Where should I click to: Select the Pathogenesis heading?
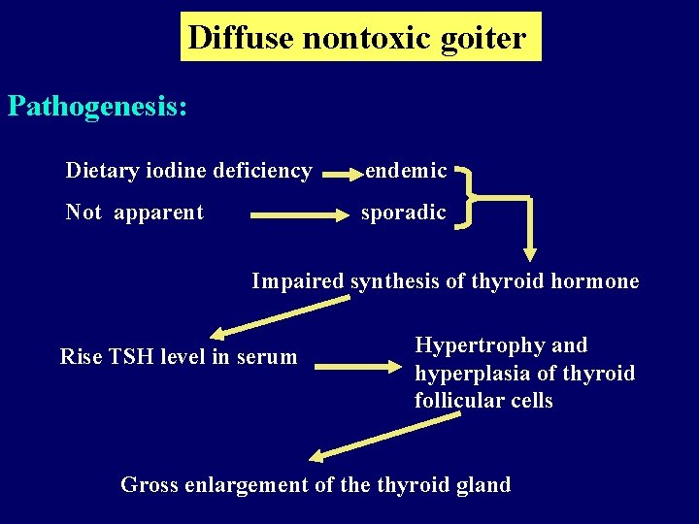point(97,106)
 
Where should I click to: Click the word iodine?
point(182,172)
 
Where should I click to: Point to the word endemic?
point(405,172)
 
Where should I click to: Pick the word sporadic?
point(404,213)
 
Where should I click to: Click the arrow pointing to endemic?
point(340,176)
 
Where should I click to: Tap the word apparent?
point(158,213)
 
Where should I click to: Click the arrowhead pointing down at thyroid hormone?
point(530,254)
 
